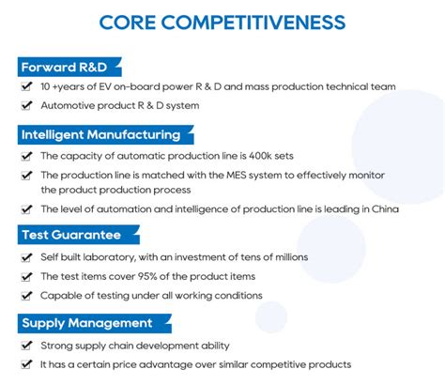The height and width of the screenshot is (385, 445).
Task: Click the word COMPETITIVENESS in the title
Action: click(253, 23)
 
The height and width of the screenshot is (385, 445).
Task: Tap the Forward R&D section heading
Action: click(64, 67)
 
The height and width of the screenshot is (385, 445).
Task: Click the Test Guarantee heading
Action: click(71, 235)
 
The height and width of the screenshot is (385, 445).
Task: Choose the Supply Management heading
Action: click(87, 323)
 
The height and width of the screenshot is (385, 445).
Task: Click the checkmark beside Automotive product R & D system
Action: click(26, 105)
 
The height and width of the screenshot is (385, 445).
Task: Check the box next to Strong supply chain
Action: click(26, 346)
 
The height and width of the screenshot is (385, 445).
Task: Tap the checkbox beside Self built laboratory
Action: click(26, 257)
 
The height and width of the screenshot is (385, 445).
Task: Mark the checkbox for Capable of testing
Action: click(26, 296)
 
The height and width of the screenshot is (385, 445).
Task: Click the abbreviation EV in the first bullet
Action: click(105, 86)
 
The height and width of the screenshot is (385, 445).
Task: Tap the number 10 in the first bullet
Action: click(45, 86)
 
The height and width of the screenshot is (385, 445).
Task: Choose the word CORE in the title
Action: click(128, 23)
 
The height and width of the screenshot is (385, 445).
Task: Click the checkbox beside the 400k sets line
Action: click(26, 156)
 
